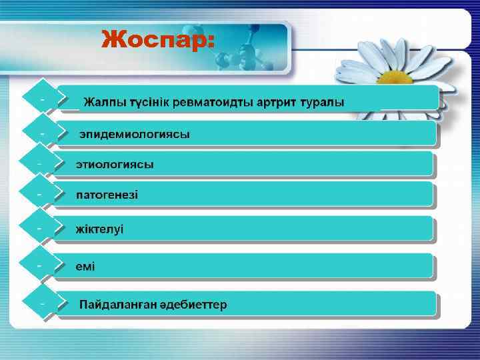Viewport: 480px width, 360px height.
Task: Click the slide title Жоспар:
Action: click(157, 40)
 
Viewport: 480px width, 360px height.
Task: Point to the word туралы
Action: click(323, 103)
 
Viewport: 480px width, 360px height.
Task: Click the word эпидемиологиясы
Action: click(135, 134)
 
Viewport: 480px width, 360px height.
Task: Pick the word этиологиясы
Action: click(115, 164)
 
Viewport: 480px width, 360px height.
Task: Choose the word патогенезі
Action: click(107, 195)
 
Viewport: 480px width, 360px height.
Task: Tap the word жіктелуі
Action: click(99, 229)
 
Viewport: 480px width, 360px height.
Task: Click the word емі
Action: click(85, 267)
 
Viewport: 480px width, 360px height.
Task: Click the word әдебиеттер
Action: click(193, 305)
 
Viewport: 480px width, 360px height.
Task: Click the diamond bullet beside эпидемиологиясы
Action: click(41, 133)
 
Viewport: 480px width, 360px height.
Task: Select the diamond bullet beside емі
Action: click(41, 265)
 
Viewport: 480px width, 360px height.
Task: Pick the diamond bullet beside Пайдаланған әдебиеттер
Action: click(41, 303)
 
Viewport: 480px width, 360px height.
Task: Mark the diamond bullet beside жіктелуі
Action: click(41, 228)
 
